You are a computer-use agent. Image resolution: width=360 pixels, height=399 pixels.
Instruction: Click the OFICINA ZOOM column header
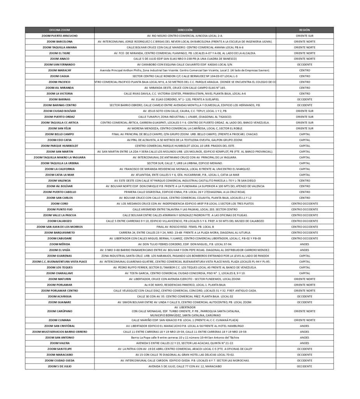pyautogui.click(x=60, y=30)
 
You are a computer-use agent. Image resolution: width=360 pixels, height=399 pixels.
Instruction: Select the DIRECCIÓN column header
pyautogui.click(x=185, y=30)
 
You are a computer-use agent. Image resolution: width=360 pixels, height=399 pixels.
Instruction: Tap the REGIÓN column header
pyautogui.click(x=304, y=30)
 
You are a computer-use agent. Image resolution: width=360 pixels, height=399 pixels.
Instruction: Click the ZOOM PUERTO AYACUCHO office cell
pyautogui.click(x=60, y=35)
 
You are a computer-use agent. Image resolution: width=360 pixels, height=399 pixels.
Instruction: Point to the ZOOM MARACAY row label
pyautogui.click(x=60, y=70)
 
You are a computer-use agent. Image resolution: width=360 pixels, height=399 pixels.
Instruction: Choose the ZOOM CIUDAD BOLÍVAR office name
pyautogui.click(x=60, y=111)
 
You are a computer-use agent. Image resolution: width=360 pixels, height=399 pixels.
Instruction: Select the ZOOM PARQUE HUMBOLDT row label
pyautogui.click(x=60, y=146)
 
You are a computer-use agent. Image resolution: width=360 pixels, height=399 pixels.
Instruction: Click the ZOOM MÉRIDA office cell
pyautogui.click(x=60, y=244)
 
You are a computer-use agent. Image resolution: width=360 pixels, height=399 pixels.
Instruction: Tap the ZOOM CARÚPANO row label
pyautogui.click(x=60, y=311)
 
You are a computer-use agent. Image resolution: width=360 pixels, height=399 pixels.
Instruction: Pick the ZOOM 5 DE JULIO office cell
pyautogui.click(x=60, y=366)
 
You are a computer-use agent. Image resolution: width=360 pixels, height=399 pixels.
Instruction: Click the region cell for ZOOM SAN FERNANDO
pyautogui.click(x=304, y=64)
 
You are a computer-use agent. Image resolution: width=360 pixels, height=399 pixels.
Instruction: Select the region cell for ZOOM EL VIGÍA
pyautogui.click(x=304, y=250)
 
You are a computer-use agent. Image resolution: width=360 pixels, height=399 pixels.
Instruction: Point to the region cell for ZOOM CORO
pyautogui.click(x=304, y=203)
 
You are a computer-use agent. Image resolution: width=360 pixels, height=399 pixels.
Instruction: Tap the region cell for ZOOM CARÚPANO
pyautogui.click(x=304, y=311)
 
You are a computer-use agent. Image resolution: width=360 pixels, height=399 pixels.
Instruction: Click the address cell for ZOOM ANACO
pyautogui.click(x=185, y=59)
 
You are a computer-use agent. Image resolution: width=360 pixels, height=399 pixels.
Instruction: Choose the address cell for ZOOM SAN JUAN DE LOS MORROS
pyautogui.click(x=185, y=227)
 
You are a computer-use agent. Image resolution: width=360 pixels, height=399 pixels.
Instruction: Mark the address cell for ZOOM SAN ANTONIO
pyautogui.click(x=185, y=337)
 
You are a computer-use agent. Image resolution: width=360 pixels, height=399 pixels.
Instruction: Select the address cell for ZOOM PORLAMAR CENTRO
pyautogui.click(x=185, y=291)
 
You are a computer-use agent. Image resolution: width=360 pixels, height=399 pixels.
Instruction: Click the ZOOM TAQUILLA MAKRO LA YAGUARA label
pyautogui.click(x=60, y=157)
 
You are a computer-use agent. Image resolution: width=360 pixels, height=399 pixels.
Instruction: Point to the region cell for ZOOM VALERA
pyautogui.click(x=304, y=343)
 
